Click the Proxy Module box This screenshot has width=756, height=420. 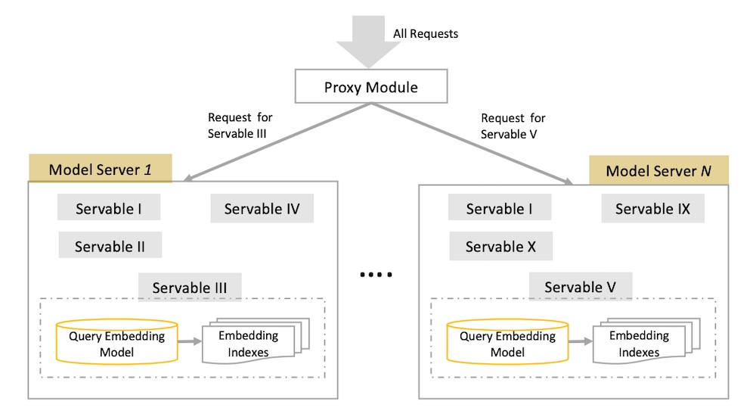(370, 88)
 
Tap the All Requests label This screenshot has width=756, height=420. (426, 33)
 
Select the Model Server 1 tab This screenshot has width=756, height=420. (101, 169)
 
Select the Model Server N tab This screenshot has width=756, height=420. (658, 170)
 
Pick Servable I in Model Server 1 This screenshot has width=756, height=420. (109, 209)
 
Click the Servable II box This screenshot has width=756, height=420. (110, 246)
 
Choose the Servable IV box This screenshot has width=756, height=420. (262, 209)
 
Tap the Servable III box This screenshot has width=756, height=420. (190, 288)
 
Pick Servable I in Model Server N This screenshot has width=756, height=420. (499, 209)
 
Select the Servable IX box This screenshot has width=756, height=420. (652, 209)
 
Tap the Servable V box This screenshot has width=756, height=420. (580, 287)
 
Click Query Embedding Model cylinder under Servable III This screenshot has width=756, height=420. (116, 342)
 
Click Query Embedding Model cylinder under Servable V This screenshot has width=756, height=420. (507, 343)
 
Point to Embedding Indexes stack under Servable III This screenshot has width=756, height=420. (249, 343)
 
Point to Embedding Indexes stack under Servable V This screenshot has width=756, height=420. (640, 343)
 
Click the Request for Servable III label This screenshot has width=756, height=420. (240, 126)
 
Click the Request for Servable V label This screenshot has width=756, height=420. (513, 126)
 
